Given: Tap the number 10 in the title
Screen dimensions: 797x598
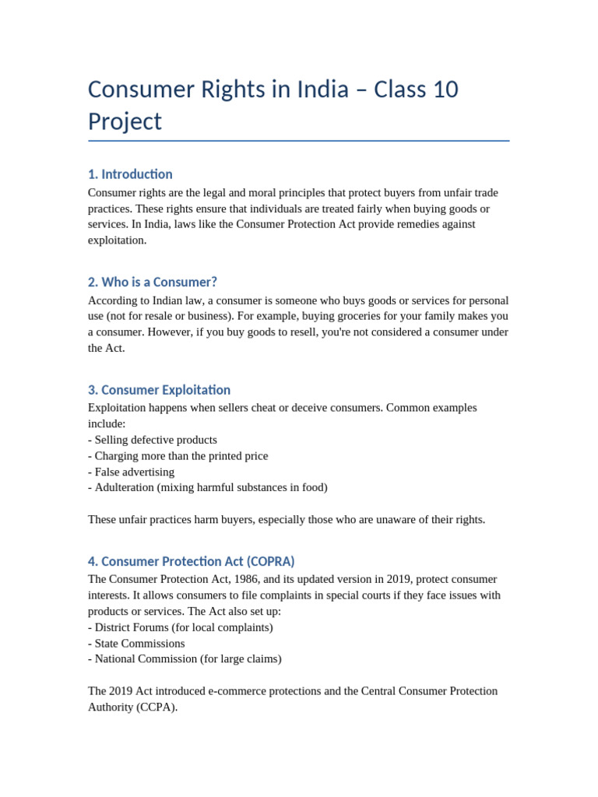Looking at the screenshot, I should pos(445,90).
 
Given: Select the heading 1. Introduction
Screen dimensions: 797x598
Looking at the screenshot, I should pos(130,174).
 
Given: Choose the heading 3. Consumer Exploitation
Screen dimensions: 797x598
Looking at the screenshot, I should pos(159,390).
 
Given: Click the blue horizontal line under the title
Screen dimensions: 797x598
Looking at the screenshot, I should pos(299,141).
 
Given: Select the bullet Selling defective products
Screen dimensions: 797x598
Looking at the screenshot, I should pos(153,440).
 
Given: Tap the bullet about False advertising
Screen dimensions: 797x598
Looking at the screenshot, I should pos(131,472).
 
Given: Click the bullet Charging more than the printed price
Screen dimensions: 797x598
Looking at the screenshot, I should pos(178,456).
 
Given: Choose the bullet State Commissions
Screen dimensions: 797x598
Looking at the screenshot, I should pos(136,644).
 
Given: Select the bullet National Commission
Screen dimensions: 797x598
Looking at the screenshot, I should pos(185,658).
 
